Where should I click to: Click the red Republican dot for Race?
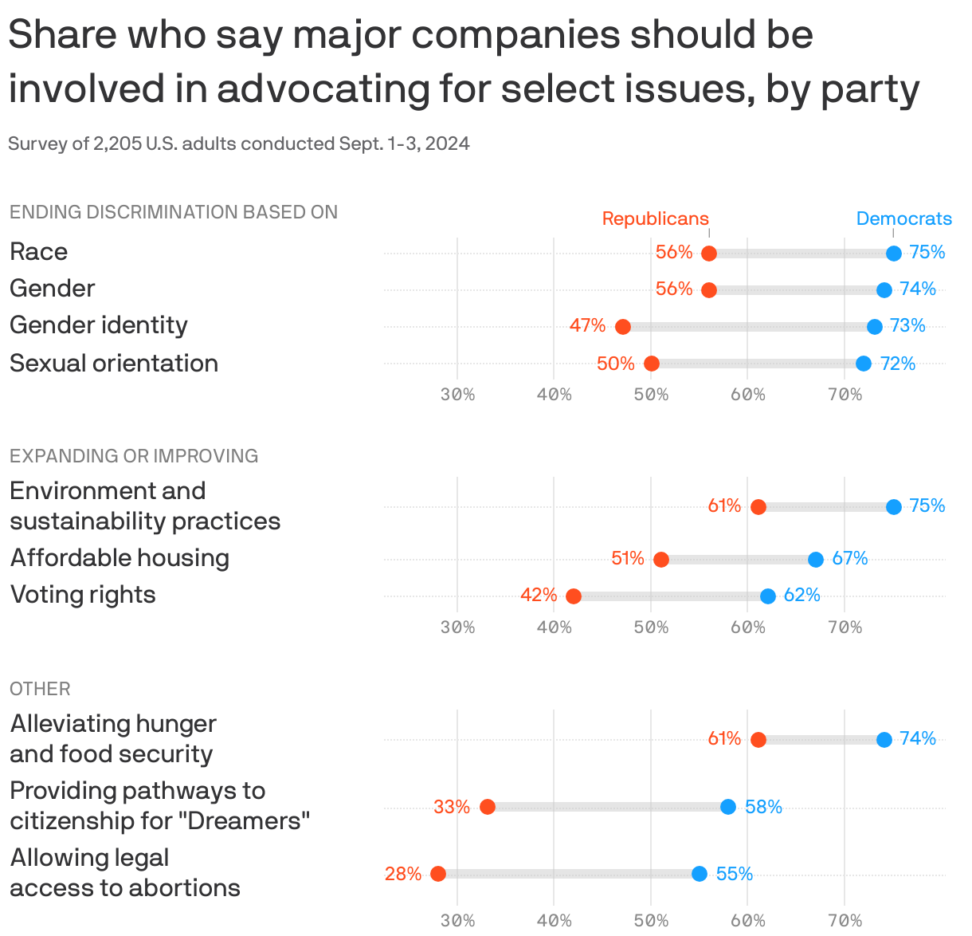(708, 254)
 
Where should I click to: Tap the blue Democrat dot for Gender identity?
(874, 327)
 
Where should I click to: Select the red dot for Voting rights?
(573, 596)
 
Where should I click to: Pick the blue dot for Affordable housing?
(815, 560)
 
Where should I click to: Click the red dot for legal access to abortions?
(437, 874)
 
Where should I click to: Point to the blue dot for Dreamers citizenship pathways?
(727, 807)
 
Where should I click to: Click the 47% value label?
(587, 326)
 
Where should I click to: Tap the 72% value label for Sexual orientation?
(898, 364)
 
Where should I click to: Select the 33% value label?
(452, 807)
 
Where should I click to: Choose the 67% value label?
(850, 559)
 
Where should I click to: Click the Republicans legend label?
(655, 218)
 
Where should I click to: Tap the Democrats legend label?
(903, 218)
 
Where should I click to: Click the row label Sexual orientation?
(114, 364)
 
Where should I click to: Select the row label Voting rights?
(83, 595)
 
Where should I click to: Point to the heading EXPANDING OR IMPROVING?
(134, 456)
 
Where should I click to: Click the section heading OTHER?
(40, 689)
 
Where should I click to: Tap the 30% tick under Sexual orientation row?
(457, 395)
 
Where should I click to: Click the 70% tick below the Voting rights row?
(845, 627)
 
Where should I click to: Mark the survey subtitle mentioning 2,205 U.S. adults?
(239, 144)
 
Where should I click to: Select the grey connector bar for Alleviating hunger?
(821, 740)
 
